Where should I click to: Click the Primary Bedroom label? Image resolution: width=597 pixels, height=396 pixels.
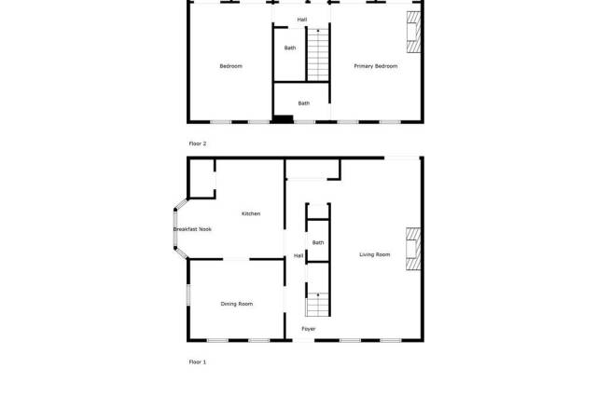(x=375, y=66)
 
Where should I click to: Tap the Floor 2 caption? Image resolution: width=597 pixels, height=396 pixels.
(x=198, y=143)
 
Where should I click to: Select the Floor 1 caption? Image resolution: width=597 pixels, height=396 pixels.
(x=198, y=362)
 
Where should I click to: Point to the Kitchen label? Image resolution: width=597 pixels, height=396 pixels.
(x=251, y=213)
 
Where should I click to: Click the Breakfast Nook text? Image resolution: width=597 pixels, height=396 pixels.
(x=192, y=229)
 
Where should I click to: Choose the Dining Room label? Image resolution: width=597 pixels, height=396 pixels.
(x=236, y=304)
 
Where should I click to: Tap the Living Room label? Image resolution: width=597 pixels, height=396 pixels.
(x=375, y=254)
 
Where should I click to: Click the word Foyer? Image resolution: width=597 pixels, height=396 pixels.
(x=309, y=329)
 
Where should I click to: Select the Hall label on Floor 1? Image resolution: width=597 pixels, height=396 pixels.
(x=298, y=255)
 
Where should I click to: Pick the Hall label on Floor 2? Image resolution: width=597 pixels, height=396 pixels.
(x=302, y=20)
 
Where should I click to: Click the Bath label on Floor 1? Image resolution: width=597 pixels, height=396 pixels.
(x=318, y=242)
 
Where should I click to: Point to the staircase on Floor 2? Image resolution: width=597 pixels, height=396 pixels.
(x=318, y=55)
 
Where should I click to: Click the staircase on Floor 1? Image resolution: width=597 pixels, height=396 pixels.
(x=317, y=305)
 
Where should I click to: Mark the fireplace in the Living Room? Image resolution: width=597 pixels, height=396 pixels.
(x=413, y=249)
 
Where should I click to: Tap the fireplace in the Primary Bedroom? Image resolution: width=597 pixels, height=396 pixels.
(x=414, y=32)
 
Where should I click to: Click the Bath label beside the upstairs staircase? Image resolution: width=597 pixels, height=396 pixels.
(x=290, y=48)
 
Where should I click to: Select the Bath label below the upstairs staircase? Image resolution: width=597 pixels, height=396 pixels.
(x=304, y=103)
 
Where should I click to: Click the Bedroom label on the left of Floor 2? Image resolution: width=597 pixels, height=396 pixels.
(x=230, y=66)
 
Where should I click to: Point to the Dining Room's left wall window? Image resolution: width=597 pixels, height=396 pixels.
(x=188, y=294)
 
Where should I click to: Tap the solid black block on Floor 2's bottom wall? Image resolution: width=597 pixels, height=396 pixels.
(x=283, y=119)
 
